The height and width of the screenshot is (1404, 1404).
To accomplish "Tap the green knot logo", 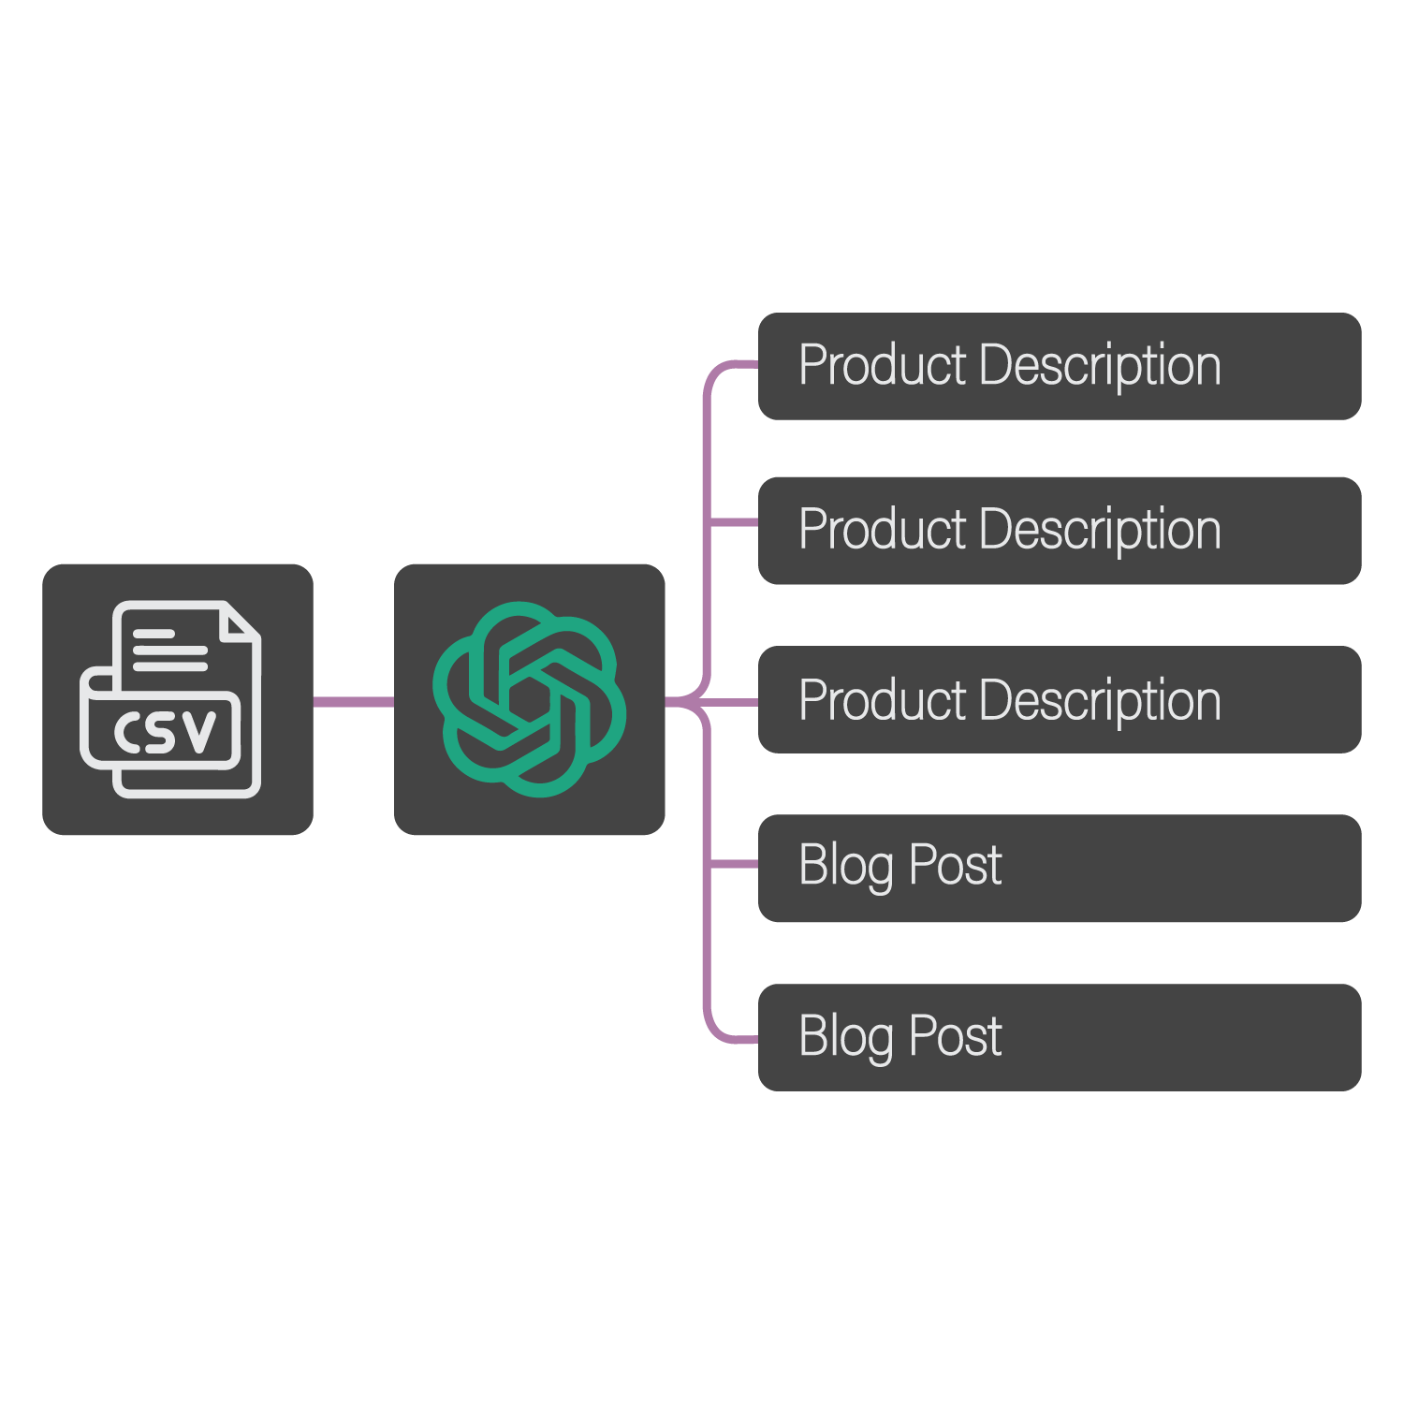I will pyautogui.click(x=529, y=699).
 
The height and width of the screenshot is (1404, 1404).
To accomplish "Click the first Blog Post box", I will pyautogui.click(x=1060, y=868).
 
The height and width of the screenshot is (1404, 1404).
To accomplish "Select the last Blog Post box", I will pyautogui.click(x=1060, y=1037).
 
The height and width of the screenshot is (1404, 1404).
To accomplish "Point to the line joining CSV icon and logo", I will pyautogui.click(x=353, y=701).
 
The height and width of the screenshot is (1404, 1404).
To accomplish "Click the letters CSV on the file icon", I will pyautogui.click(x=165, y=731).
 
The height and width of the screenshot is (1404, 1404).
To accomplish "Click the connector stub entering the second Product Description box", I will pyautogui.click(x=735, y=522).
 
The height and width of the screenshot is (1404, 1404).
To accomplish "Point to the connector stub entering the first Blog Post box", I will pyautogui.click(x=735, y=864).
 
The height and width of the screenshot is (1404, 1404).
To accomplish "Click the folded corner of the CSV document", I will pyautogui.click(x=241, y=622).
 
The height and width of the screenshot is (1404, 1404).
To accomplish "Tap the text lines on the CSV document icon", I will pyautogui.click(x=168, y=651).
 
